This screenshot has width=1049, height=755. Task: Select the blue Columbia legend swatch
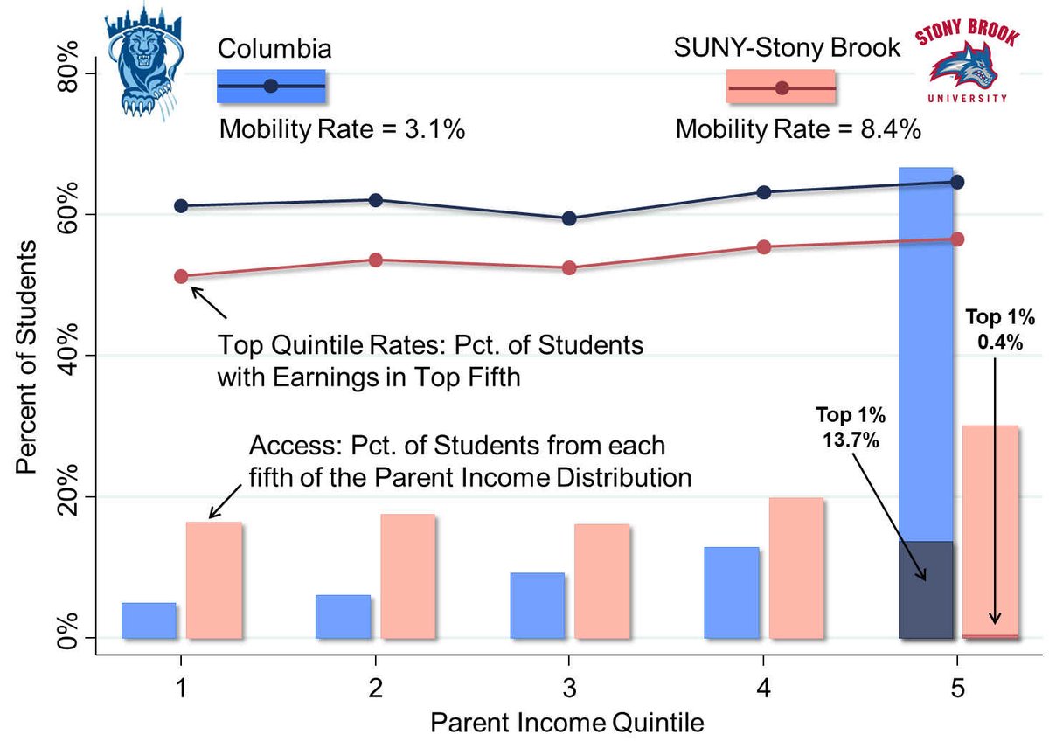(271, 86)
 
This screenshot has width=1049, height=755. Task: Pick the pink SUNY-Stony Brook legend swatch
(781, 87)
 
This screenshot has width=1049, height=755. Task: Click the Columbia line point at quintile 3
(569, 218)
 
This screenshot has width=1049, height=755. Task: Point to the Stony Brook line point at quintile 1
(181, 276)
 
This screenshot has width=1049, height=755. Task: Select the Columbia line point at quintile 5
(956, 182)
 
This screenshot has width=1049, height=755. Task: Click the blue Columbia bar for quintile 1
(149, 620)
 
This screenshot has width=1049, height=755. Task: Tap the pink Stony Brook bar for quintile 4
(795, 567)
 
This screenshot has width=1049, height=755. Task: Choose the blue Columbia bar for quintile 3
(538, 605)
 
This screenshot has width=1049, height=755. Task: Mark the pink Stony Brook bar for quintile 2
(407, 575)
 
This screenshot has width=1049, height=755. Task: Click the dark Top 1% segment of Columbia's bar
(926, 590)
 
